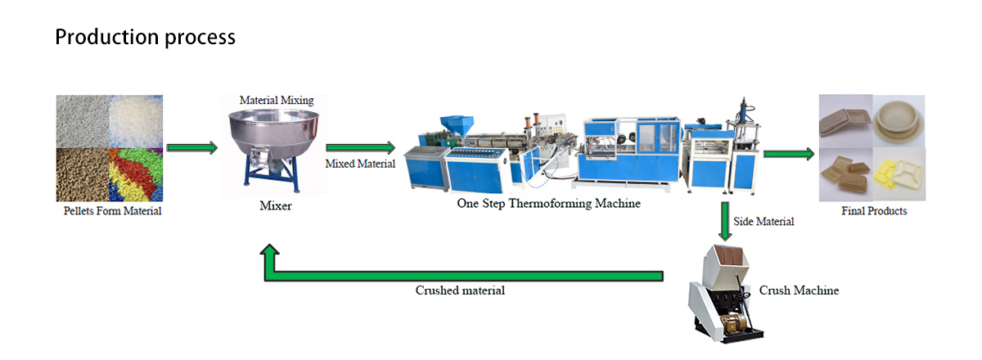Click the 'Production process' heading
click(145, 37)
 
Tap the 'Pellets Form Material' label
click(113, 211)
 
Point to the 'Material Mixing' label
click(276, 100)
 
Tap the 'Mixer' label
click(275, 206)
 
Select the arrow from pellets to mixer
click(191, 148)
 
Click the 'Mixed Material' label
click(360, 164)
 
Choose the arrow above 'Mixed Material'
click(360, 148)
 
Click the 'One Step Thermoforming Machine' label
click(548, 203)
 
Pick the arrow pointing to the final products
click(788, 154)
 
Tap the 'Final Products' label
click(874, 211)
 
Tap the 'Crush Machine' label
click(799, 290)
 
